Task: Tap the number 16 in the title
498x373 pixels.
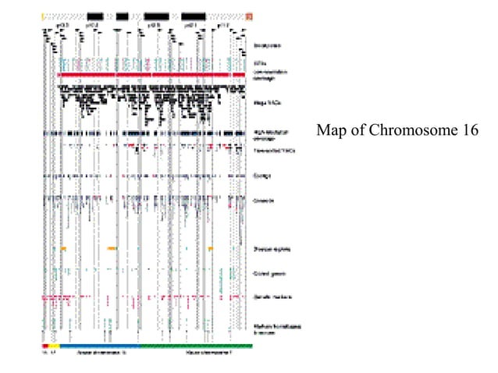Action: click(467, 130)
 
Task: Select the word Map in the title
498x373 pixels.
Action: click(331, 130)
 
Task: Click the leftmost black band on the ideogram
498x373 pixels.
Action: click(95, 16)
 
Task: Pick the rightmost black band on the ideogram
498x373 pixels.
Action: click(194, 16)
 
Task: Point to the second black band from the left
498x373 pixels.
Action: click(123, 16)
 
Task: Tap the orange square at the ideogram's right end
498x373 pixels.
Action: click(249, 16)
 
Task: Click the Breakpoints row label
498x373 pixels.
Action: click(268, 45)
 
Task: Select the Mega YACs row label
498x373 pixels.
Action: click(267, 102)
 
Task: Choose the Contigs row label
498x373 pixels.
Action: click(262, 176)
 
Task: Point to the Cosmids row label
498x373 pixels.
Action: click(263, 201)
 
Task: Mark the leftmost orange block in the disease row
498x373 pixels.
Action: click(63, 248)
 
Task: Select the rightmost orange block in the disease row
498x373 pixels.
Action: click(211, 248)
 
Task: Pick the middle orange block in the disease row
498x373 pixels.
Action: click(112, 248)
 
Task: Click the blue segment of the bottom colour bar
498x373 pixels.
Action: click(98, 345)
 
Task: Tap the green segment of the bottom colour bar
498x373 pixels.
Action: click(195, 345)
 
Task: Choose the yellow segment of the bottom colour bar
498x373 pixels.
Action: click(54, 345)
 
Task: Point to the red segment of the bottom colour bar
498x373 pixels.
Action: click(44, 345)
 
